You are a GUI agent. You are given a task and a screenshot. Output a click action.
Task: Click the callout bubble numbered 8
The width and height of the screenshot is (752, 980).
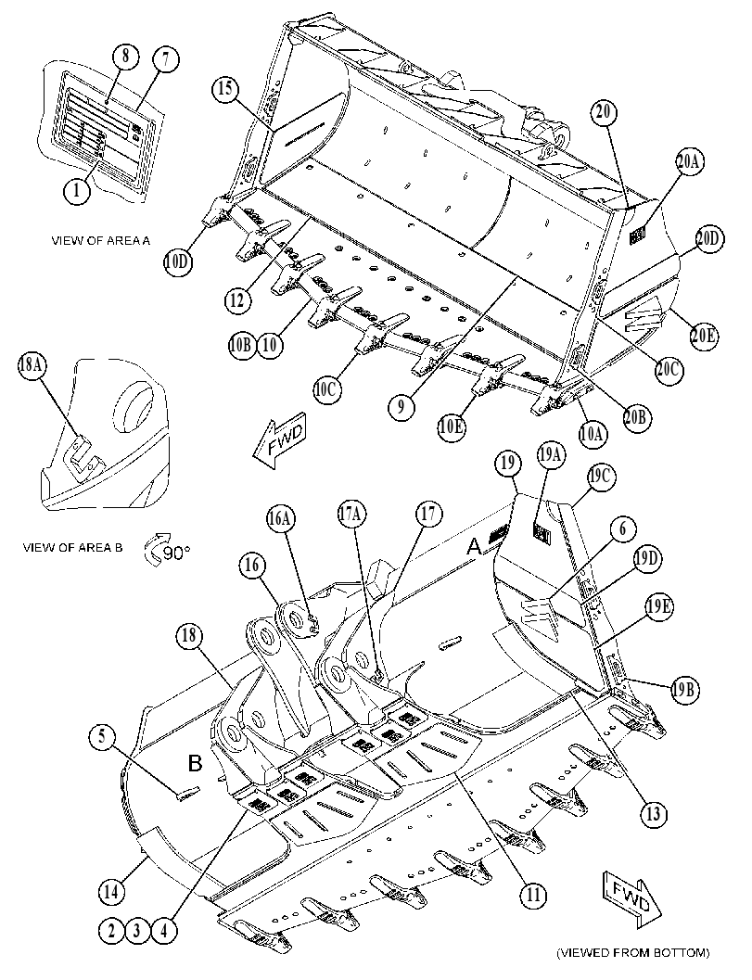click(x=126, y=57)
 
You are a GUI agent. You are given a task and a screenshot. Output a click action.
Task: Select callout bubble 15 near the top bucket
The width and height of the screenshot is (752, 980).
click(x=224, y=89)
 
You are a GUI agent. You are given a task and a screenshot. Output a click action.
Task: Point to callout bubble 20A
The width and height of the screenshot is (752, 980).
click(x=688, y=161)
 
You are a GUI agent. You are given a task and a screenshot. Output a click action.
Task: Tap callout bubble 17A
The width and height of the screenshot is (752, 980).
click(x=352, y=514)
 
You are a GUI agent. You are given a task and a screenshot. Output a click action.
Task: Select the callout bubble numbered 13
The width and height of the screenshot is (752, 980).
click(x=653, y=814)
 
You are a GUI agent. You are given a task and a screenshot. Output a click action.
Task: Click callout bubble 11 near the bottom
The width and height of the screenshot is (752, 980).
click(x=532, y=895)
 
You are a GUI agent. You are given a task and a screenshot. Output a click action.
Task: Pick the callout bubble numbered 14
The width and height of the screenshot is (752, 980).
click(x=110, y=891)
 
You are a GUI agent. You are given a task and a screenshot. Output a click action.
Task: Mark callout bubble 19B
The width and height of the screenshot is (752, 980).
click(x=685, y=690)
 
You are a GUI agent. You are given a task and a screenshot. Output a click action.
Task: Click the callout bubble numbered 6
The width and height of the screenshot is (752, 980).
click(x=622, y=528)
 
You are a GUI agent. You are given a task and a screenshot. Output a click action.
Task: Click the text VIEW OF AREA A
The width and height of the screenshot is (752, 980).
click(x=101, y=240)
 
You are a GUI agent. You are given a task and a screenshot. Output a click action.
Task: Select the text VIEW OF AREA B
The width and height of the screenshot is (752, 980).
click(x=72, y=548)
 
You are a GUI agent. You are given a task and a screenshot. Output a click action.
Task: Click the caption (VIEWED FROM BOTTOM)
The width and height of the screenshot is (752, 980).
click(x=632, y=952)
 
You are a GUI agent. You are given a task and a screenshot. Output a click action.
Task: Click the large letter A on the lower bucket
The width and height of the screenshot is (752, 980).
click(x=476, y=548)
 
